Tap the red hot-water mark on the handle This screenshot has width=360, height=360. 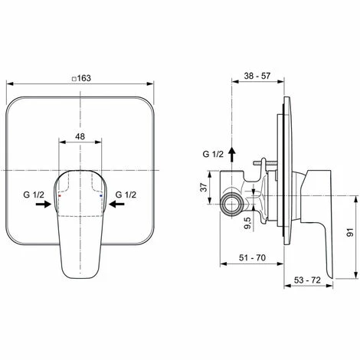click(61, 196)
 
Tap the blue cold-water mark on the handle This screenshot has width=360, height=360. click(101, 196)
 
